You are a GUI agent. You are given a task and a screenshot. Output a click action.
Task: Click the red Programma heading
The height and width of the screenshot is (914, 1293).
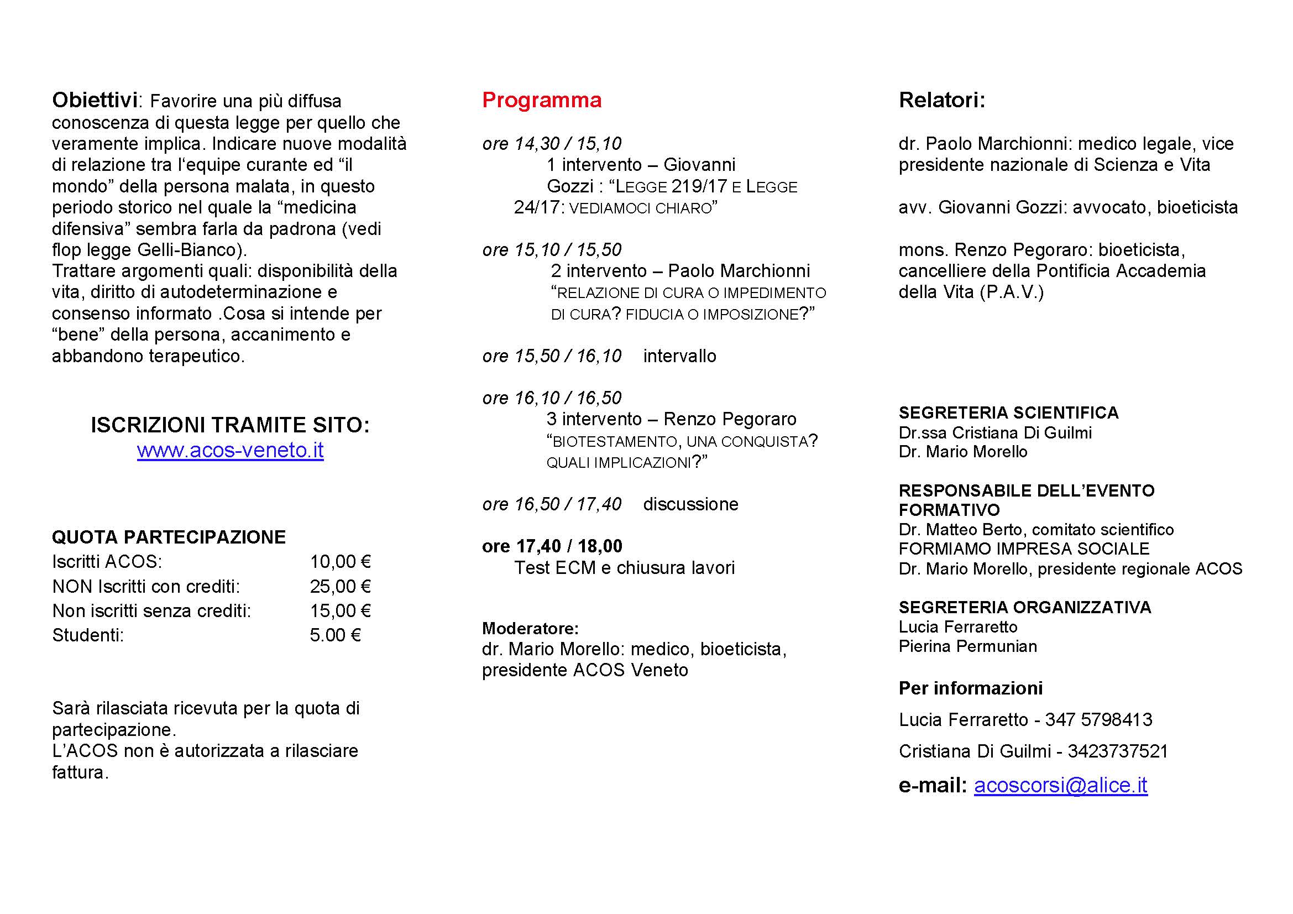[x=541, y=100]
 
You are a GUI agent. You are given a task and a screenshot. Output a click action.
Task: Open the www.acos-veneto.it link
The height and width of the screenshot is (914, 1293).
[x=230, y=450]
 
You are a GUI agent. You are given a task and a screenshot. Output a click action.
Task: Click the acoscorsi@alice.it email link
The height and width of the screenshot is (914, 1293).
[x=1060, y=785]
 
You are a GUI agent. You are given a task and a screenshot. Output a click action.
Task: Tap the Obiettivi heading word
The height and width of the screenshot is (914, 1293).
[x=95, y=100]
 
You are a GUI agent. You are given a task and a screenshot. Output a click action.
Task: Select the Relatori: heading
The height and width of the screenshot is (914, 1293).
[x=941, y=100]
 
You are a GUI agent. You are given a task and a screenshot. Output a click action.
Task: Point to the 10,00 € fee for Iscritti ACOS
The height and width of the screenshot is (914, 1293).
[x=340, y=561]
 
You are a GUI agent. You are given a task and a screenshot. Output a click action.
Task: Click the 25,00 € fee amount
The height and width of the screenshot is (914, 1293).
[x=340, y=586]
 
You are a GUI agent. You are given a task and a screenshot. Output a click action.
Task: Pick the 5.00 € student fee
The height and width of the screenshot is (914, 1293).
[x=335, y=635]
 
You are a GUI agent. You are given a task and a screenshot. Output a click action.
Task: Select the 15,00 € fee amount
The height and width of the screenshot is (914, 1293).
[x=340, y=610]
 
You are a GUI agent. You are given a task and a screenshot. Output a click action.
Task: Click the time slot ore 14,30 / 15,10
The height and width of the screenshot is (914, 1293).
[x=551, y=144]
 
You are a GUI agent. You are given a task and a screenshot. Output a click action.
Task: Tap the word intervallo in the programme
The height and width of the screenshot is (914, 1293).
[x=679, y=356]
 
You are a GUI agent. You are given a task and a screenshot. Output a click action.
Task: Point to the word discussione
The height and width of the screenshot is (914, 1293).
[x=690, y=504]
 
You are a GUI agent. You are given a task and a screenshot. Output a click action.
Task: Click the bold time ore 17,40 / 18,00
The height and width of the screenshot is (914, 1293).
[x=552, y=546]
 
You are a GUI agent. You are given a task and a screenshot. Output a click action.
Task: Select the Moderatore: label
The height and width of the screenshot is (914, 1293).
[x=530, y=628]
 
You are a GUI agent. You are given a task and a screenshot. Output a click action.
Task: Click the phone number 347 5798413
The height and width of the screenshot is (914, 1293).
[x=1098, y=720]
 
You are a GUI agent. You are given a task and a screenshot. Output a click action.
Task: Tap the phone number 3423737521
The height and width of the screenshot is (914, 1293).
[x=1117, y=751]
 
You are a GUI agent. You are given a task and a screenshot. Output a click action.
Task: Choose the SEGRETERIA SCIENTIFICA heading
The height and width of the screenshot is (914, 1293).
[x=1008, y=413]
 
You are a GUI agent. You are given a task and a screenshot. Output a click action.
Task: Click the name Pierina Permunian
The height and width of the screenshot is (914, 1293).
[x=967, y=646]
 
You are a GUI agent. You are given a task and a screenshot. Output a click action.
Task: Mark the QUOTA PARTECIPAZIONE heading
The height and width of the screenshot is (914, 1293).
[x=169, y=537]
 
